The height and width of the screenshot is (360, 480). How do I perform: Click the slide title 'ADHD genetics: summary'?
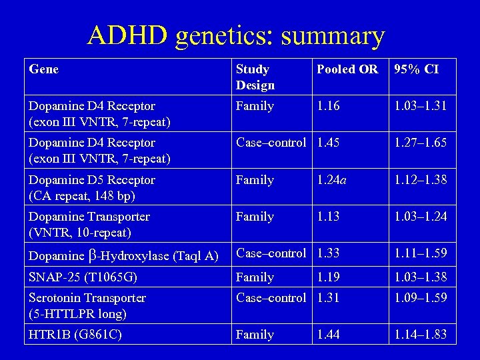click(x=236, y=36)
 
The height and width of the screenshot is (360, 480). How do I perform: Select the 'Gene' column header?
click(x=44, y=69)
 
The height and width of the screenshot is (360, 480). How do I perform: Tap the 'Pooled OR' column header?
click(x=347, y=69)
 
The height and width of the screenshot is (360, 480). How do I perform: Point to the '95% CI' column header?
click(x=416, y=69)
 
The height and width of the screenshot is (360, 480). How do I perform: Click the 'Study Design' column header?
click(x=255, y=77)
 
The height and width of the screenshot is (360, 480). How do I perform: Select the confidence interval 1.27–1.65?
click(x=421, y=143)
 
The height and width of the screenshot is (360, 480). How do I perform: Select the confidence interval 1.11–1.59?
click(x=421, y=253)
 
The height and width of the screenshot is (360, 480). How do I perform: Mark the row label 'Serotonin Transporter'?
click(x=87, y=298)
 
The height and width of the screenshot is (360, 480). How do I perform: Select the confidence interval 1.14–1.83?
click(x=421, y=335)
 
